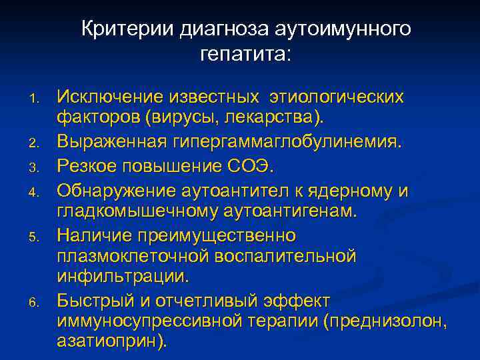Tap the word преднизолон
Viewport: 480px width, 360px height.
pyautogui.click(x=385, y=321)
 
